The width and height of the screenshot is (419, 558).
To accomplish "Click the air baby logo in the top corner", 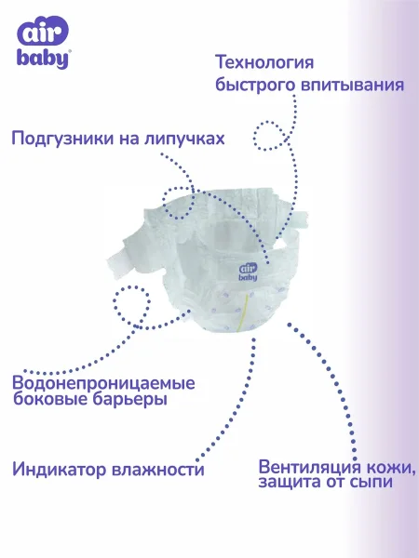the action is [43, 42].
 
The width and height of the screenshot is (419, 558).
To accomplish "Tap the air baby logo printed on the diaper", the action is [248, 272].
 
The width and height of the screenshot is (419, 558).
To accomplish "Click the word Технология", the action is [264, 62].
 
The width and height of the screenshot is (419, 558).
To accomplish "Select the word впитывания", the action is [352, 85].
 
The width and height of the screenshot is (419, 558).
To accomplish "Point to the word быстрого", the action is [255, 85].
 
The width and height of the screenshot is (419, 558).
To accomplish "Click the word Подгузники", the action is [62, 139].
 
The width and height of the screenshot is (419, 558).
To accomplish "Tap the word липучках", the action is [184, 139].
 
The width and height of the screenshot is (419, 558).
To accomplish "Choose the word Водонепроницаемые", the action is [103, 383].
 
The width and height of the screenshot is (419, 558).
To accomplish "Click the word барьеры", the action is [129, 399].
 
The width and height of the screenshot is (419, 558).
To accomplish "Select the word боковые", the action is [50, 399].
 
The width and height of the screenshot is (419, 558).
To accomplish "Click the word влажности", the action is [158, 470].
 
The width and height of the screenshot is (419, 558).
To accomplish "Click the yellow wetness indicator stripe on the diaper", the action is [244, 309].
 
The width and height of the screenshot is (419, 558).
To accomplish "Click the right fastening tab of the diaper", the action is [299, 219].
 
